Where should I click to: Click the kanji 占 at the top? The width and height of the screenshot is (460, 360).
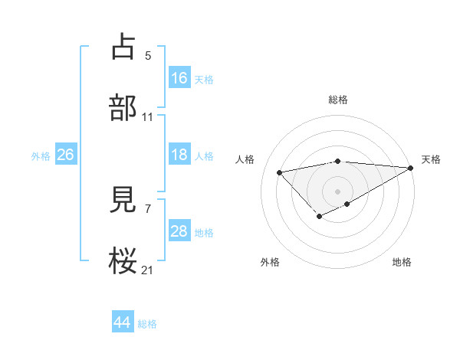pyautogui.click(x=123, y=47)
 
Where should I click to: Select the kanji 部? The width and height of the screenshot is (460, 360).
pyautogui.click(x=123, y=108)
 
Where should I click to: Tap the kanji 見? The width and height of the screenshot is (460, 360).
pyautogui.click(x=123, y=200)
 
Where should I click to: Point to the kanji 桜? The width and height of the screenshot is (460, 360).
pyautogui.click(x=123, y=261)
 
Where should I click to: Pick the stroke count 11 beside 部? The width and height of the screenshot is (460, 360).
pyautogui.click(x=148, y=117)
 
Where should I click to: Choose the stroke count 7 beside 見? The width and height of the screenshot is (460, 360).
pyautogui.click(x=148, y=208)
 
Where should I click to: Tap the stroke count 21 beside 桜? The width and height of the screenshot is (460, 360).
pyautogui.click(x=148, y=270)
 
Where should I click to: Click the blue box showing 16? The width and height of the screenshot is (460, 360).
pyautogui.click(x=179, y=77)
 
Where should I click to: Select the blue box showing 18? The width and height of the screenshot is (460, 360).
pyautogui.click(x=179, y=155)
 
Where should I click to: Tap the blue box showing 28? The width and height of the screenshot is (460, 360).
pyautogui.click(x=179, y=231)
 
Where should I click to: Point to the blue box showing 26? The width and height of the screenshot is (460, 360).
pyautogui.click(x=65, y=155)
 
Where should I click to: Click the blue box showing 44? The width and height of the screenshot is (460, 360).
pyautogui.click(x=123, y=322)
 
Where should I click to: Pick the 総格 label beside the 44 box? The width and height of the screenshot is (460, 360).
pyautogui.click(x=147, y=324)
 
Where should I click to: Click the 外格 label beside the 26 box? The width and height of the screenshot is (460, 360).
pyautogui.click(x=41, y=156)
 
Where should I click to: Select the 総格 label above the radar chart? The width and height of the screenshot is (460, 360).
pyautogui.click(x=338, y=100)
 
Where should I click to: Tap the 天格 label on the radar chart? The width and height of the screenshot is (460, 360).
pyautogui.click(x=431, y=159)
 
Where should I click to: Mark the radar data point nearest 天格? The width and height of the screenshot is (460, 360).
pyautogui.click(x=411, y=168)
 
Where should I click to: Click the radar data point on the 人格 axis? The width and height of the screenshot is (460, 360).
pyautogui.click(x=279, y=172)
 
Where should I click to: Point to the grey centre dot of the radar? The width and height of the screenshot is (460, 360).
pyautogui.click(x=338, y=191)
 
